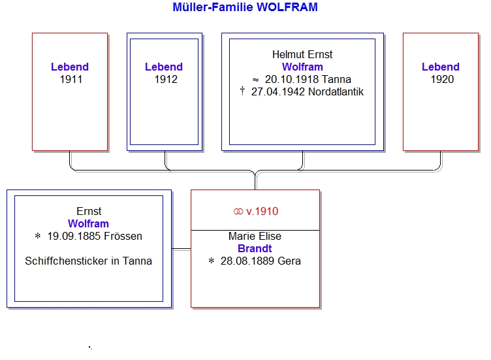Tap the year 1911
pos(71,79)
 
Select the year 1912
pos(166,79)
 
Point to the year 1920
pos(442,79)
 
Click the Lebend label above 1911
pos(70,67)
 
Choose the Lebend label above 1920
pos(441,67)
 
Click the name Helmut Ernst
pos(302,54)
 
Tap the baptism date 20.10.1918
pos(287,79)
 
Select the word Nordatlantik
pos(336,92)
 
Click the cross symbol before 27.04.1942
pos(242,91)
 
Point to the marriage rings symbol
pos(238,212)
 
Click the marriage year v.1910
pos(262,211)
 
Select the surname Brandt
pos(255,248)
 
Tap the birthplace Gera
pos(289,261)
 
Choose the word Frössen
pos(123,236)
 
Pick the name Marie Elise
pos(255,236)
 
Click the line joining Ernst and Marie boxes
pos(182,250)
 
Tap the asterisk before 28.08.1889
pos(212,261)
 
